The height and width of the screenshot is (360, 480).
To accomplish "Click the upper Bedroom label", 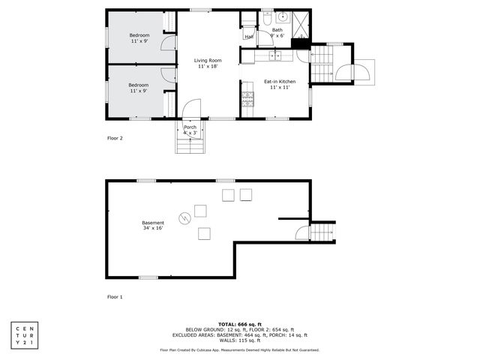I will pyautogui.click(x=139, y=38).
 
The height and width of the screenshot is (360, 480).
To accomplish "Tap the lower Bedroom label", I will pyautogui.click(x=139, y=88).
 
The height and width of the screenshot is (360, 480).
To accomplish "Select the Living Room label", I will pyautogui.click(x=208, y=63).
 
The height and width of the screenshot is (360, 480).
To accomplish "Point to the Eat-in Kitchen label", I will pyautogui.click(x=279, y=84).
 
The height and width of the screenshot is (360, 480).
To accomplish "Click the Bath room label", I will pyautogui.click(x=277, y=32).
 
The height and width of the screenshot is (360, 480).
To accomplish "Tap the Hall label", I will pyautogui.click(x=248, y=37).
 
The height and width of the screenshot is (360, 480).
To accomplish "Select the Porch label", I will pyautogui.click(x=190, y=129).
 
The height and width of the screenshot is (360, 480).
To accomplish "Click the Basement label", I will pyautogui.click(x=153, y=226).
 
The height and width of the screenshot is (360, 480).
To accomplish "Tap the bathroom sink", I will pyautogui.click(x=283, y=17).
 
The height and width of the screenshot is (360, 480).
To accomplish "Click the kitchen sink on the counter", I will pyautogui.click(x=275, y=55).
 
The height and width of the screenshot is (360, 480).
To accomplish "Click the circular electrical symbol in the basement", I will pyautogui.click(x=184, y=218).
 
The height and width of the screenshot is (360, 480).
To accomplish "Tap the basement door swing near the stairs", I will pyautogui.click(x=301, y=232).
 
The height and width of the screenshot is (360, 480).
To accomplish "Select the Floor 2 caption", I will pyautogui.click(x=114, y=139).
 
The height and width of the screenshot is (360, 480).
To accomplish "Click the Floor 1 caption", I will pyautogui.click(x=114, y=297).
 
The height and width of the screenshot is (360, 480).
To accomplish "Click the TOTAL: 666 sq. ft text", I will pyautogui.click(x=239, y=323).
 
